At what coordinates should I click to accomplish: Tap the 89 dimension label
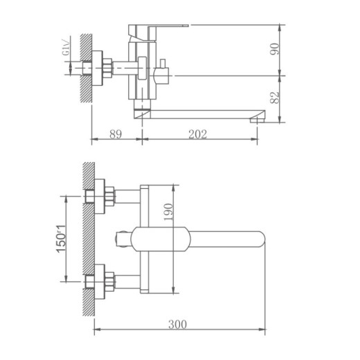click(116, 134)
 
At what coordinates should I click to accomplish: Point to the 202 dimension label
click(198, 134)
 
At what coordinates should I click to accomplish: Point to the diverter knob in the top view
click(123, 239)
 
